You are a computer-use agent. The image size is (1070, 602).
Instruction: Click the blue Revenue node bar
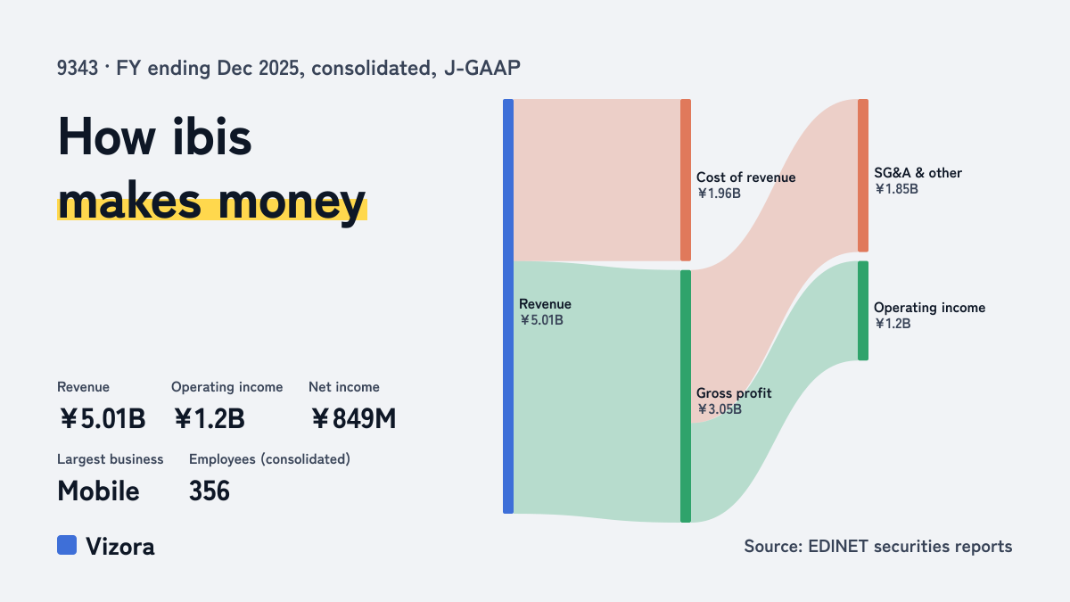click(x=508, y=306)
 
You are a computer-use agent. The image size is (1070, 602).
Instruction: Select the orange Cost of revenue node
click(x=686, y=180)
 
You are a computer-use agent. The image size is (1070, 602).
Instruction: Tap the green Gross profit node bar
click(x=686, y=396)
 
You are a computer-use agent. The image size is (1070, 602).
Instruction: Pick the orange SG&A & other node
click(x=863, y=176)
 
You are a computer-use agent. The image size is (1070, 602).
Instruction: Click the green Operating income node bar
click(x=863, y=310)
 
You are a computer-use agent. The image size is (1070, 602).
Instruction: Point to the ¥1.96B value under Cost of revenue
click(x=719, y=194)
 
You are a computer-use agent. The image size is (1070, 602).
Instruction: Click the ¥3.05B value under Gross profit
click(x=719, y=409)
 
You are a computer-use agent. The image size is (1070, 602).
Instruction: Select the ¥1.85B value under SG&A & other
click(x=896, y=189)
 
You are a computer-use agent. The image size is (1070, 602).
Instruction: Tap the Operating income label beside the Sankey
click(x=929, y=308)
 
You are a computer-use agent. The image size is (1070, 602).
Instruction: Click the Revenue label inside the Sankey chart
click(x=545, y=304)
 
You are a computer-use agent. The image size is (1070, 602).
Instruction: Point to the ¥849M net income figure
click(x=353, y=418)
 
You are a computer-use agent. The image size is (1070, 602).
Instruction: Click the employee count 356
click(x=210, y=491)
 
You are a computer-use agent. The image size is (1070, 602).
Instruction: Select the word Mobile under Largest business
click(x=98, y=491)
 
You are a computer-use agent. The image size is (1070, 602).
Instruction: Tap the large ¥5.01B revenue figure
click(x=103, y=418)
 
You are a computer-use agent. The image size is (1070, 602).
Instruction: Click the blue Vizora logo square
click(x=67, y=545)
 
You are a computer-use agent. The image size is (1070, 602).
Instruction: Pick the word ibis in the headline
click(x=212, y=136)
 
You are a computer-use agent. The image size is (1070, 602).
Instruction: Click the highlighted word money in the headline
click(x=292, y=202)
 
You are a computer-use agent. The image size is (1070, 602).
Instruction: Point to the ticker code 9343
click(x=78, y=69)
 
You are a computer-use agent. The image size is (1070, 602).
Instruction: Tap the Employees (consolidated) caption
click(x=269, y=459)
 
